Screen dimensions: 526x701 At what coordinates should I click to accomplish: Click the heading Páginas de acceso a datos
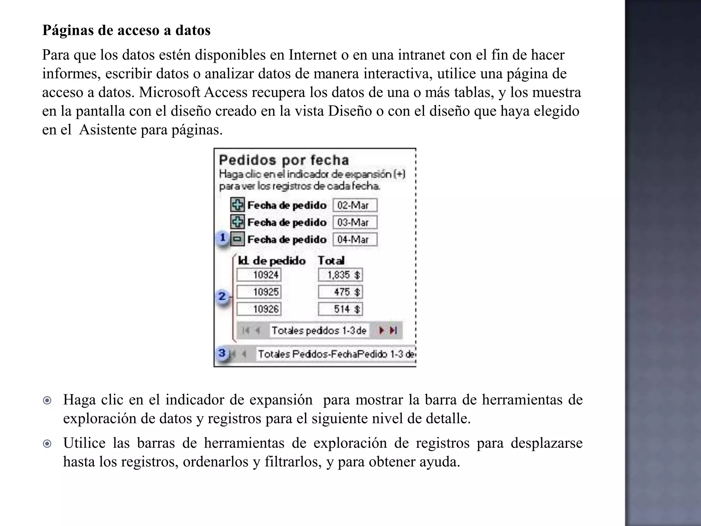(x=126, y=30)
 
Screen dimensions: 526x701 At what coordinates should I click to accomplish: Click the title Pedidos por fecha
(x=284, y=160)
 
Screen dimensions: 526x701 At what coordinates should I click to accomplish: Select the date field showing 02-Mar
(x=355, y=205)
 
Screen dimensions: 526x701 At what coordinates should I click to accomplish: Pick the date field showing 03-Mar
(x=355, y=222)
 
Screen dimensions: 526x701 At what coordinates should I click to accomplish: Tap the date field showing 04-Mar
(x=355, y=239)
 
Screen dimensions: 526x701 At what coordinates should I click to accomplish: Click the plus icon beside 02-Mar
(x=237, y=205)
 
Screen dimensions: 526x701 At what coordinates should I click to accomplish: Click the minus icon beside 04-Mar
(x=237, y=239)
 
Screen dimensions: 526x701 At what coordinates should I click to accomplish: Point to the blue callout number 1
(x=223, y=237)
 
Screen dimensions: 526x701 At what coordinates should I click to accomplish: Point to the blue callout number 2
(x=222, y=296)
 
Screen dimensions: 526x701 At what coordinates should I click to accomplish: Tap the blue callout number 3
(x=222, y=353)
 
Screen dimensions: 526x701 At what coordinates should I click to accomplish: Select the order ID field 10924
(x=259, y=275)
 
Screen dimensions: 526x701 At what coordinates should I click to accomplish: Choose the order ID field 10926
(x=259, y=309)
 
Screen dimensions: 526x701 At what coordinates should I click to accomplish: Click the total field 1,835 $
(x=340, y=275)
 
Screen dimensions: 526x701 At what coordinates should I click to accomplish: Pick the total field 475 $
(x=340, y=292)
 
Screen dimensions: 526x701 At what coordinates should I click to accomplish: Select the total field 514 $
(x=340, y=309)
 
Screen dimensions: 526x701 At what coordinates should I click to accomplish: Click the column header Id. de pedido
(x=271, y=261)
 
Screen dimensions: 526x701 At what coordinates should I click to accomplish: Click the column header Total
(x=331, y=261)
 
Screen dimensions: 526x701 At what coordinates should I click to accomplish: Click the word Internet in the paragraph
(x=313, y=55)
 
